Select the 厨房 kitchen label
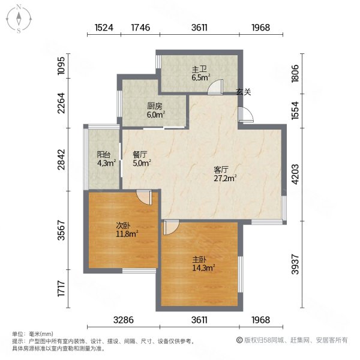coord(155,106)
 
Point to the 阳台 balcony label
coord(104,154)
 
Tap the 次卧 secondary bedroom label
coord(123,226)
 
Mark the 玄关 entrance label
coord(242,92)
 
